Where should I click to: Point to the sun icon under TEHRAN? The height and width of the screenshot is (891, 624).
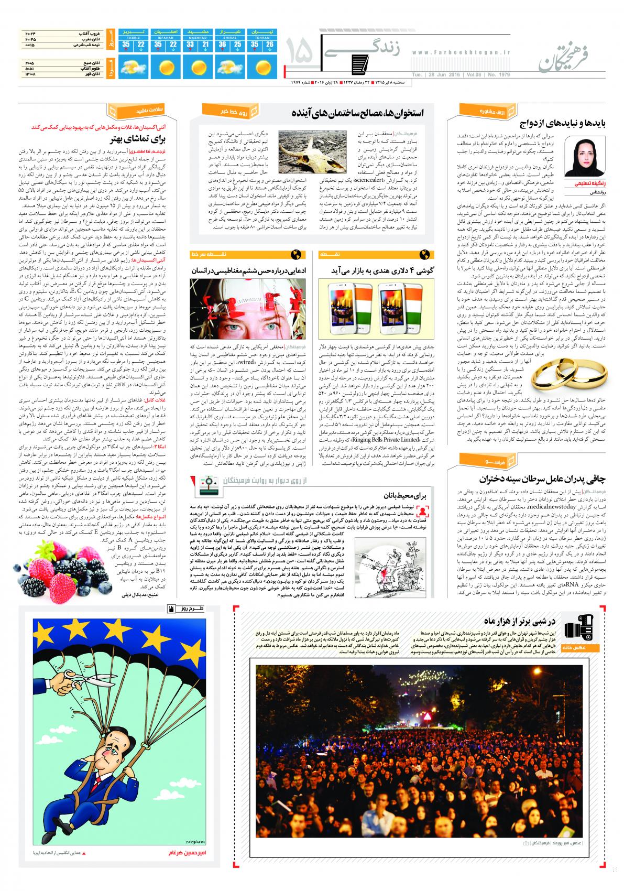[x=262, y=67]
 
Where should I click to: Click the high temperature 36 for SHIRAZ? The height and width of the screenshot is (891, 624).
[x=222, y=45]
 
